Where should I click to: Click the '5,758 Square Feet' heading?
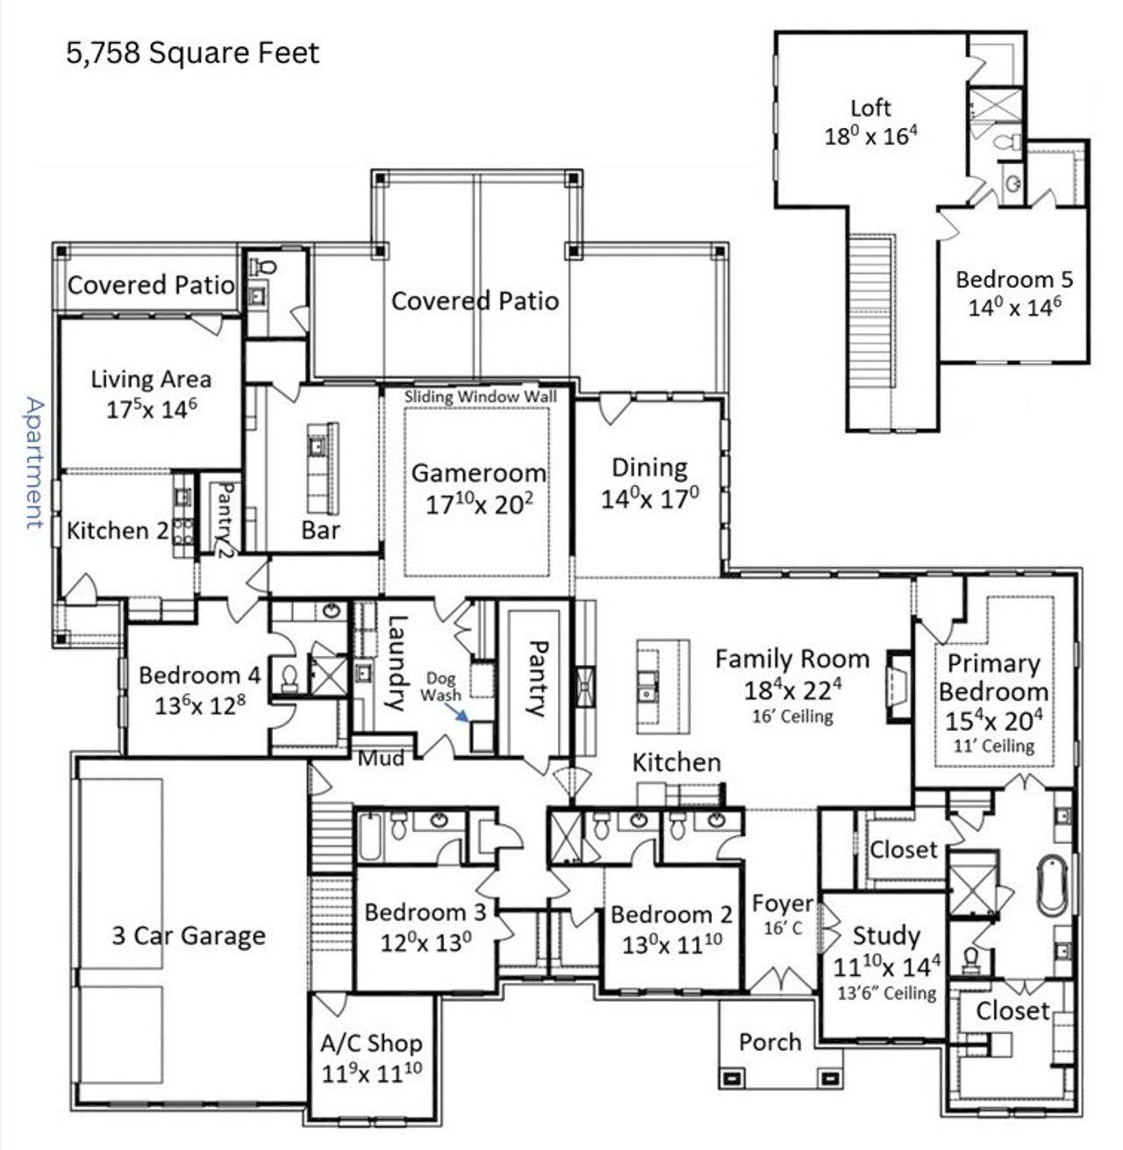(x=193, y=54)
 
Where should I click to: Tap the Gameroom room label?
(x=478, y=473)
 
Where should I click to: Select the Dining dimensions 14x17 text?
(x=650, y=499)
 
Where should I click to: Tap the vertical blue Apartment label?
(x=33, y=462)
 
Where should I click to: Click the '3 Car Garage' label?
(x=189, y=936)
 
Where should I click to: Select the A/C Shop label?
(x=370, y=1043)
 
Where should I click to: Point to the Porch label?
(x=769, y=1042)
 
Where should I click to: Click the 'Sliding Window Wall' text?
(x=480, y=396)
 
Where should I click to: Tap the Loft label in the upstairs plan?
(x=870, y=108)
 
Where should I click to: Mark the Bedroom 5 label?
(x=1014, y=280)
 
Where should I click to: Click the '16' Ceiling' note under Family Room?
(x=792, y=716)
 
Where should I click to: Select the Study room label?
(x=885, y=935)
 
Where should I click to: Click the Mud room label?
(x=382, y=757)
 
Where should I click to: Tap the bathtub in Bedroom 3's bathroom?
(x=368, y=838)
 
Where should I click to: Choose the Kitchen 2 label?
(x=118, y=531)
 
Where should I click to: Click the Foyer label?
(x=782, y=904)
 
